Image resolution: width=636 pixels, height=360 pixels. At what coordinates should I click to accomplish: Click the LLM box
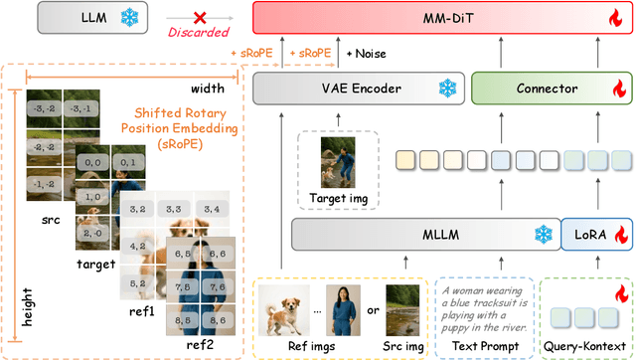click(71, 18)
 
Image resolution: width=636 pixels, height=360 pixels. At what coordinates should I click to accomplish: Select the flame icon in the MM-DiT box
click(612, 18)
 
